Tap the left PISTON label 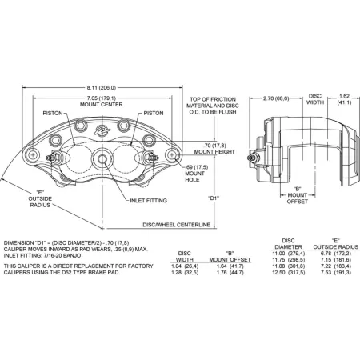[53, 114]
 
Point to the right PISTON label [154, 114]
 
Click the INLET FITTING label [149, 201]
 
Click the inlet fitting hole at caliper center [102, 159]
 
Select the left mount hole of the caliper [33, 154]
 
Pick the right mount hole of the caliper [172, 154]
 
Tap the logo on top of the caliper [102, 130]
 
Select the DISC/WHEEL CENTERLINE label [177, 225]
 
